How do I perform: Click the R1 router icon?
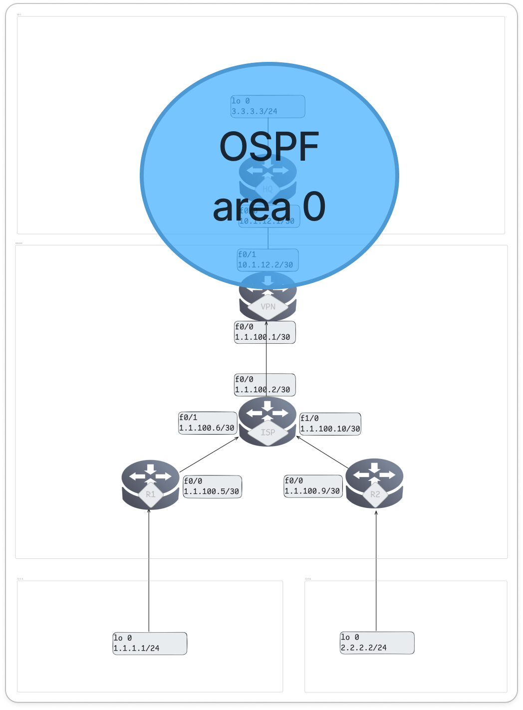click(x=150, y=484)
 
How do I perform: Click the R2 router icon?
click(x=374, y=483)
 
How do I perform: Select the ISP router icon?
click(x=267, y=422)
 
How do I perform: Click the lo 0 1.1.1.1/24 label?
click(x=150, y=643)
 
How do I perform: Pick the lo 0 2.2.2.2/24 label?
click(x=377, y=643)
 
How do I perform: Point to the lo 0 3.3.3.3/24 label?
click(x=267, y=106)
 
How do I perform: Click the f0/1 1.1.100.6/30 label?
click(x=208, y=423)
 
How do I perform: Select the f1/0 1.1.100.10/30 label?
click(x=330, y=424)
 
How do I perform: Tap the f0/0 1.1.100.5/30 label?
click(x=212, y=486)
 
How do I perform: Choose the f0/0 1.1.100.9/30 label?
click(x=313, y=486)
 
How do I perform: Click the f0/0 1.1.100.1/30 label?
click(x=265, y=332)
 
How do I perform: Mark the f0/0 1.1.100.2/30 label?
click(x=265, y=385)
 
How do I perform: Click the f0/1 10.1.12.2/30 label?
click(x=267, y=260)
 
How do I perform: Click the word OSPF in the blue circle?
click(x=269, y=147)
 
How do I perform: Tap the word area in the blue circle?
click(x=252, y=207)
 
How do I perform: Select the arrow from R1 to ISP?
click(x=210, y=454)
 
